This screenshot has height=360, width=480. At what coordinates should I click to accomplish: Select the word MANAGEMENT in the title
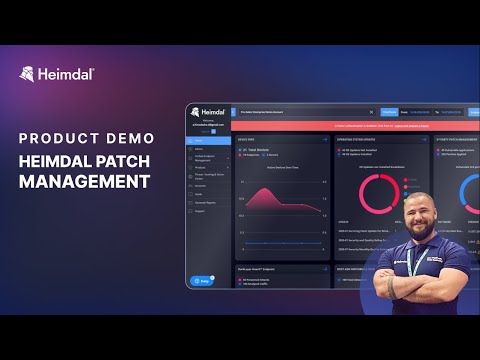point(85,182)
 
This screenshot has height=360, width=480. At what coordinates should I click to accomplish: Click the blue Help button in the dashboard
point(201,281)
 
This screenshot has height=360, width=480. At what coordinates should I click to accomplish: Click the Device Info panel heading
point(248,140)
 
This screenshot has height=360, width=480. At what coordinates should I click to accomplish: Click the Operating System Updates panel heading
point(360,140)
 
